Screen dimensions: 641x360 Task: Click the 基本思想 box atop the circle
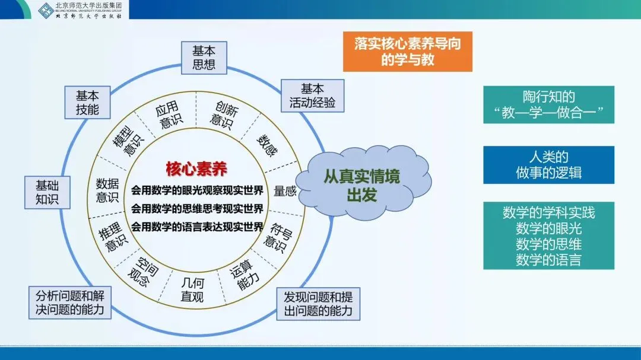click(x=204, y=58)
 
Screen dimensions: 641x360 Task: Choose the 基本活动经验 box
click(x=312, y=95)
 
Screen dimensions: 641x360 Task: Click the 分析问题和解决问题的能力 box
click(x=70, y=302)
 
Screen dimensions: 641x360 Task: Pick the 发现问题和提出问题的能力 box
click(x=318, y=304)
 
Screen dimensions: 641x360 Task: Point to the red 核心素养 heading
click(x=197, y=168)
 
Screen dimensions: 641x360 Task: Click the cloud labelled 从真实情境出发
click(x=361, y=185)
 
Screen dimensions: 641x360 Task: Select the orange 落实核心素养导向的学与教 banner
click(x=407, y=52)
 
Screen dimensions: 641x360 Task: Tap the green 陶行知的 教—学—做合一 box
click(x=548, y=105)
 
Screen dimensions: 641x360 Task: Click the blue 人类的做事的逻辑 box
click(x=548, y=165)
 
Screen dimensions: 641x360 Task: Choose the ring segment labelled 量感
click(x=285, y=192)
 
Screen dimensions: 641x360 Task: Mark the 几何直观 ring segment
click(x=192, y=289)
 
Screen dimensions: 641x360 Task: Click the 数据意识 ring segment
click(x=108, y=190)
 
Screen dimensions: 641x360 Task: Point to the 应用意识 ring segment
click(x=168, y=116)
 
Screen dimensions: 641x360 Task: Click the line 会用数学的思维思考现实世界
click(x=197, y=208)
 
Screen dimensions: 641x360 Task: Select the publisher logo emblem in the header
click(x=46, y=10)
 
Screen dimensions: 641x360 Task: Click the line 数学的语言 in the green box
click(x=548, y=259)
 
